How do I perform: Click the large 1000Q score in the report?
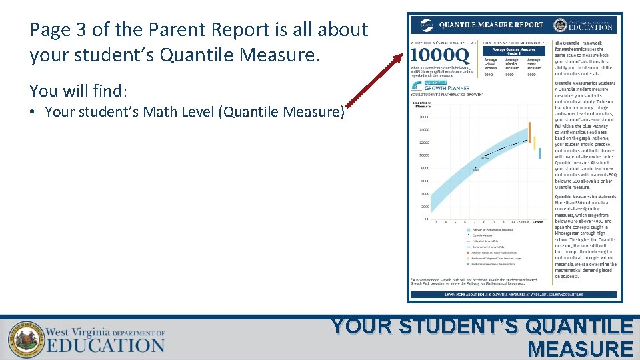439,53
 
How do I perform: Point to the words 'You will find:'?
78,90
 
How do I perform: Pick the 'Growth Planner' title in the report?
447,87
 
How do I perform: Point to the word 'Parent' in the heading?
179,30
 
